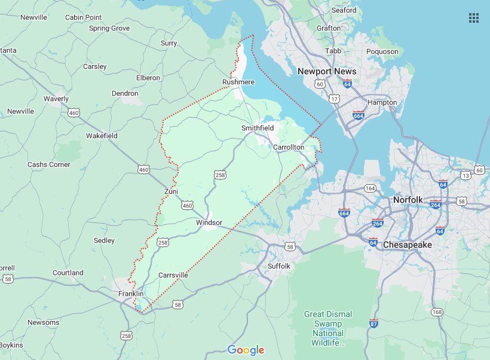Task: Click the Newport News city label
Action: point(327,71)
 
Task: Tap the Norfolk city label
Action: point(408,199)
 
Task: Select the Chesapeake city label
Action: point(407,245)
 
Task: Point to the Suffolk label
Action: point(278,266)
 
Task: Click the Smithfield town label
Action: point(258,128)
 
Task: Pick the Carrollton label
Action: point(289,147)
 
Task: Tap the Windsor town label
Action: point(209,222)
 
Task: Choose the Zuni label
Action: point(171,191)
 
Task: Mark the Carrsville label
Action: point(173,275)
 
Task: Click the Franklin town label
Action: point(130,294)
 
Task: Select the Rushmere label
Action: point(238,82)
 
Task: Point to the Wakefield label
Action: point(102,136)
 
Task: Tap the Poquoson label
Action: point(382,51)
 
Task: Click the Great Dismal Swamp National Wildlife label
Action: point(328,328)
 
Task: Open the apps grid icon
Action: point(474,17)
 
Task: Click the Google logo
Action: point(246,350)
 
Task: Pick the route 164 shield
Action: point(370,188)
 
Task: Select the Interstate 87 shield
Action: point(374,323)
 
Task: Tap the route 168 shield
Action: point(437,312)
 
